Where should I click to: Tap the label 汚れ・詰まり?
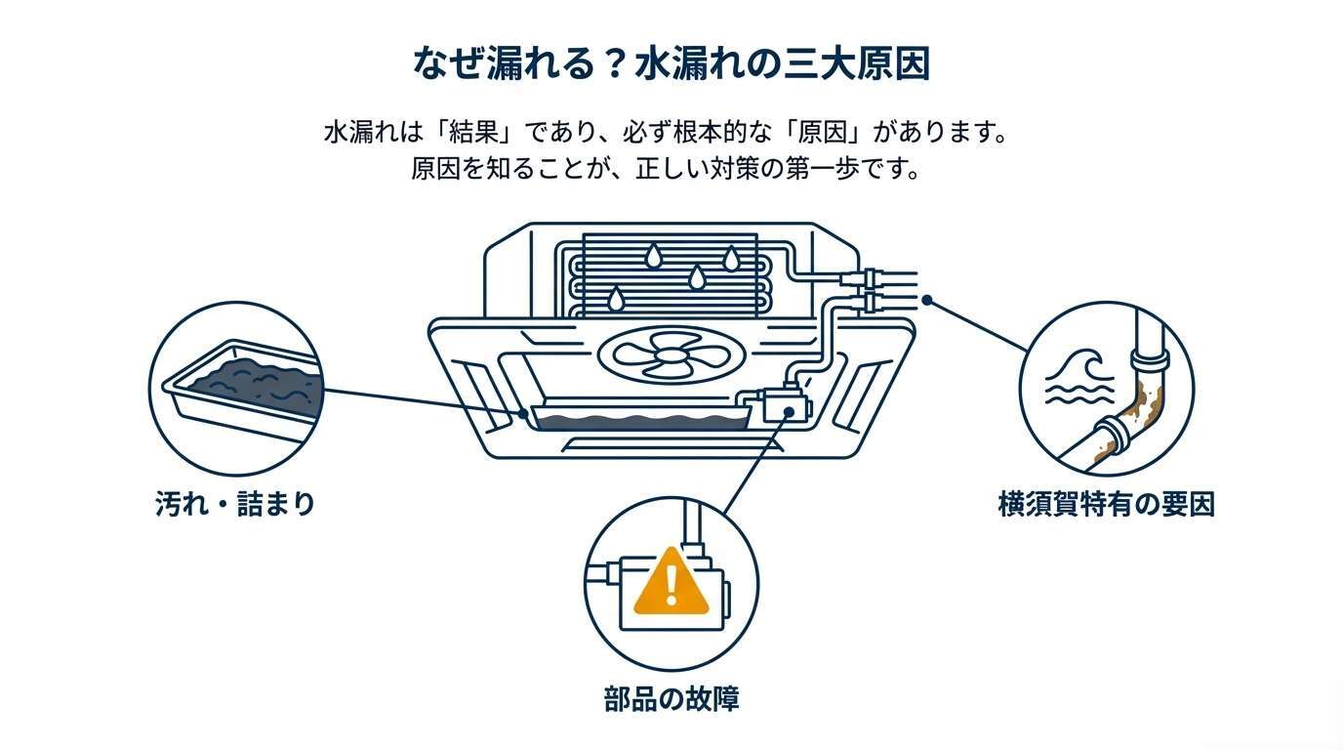pos(235,504)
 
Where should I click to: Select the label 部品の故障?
pos(671,699)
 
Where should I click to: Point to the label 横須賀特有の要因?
pos(1106,504)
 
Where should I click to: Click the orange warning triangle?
pos(671,582)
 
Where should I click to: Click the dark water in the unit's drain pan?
pos(639,422)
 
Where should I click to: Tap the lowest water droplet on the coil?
pos(615,297)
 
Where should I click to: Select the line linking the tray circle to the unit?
pos(420,402)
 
